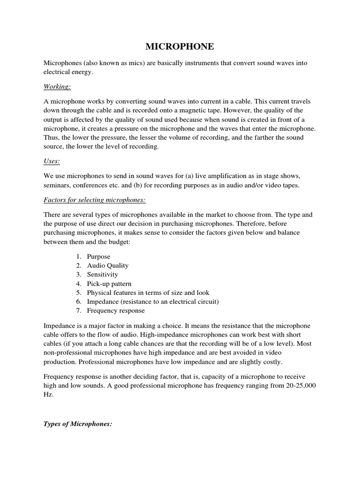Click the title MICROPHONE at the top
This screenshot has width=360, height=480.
coord(180,46)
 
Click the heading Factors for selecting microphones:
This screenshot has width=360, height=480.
coord(95,200)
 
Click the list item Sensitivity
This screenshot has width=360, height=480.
coord(102,274)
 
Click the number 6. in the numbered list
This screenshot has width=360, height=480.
coord(79,301)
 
